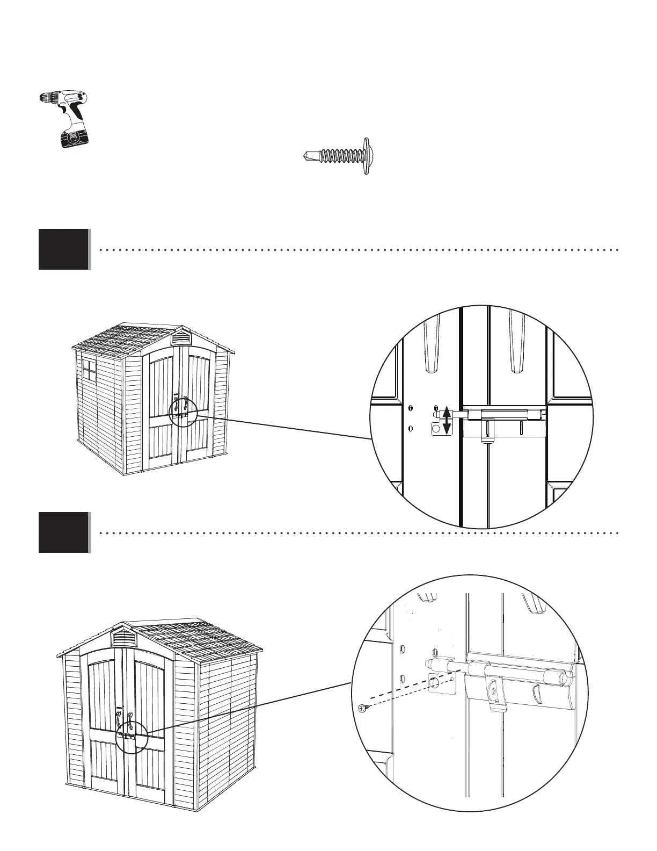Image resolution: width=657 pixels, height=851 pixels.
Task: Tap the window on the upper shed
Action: point(89,372)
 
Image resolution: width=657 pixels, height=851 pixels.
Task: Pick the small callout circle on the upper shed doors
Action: point(183,412)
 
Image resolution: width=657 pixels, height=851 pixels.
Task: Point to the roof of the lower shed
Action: point(199,645)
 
